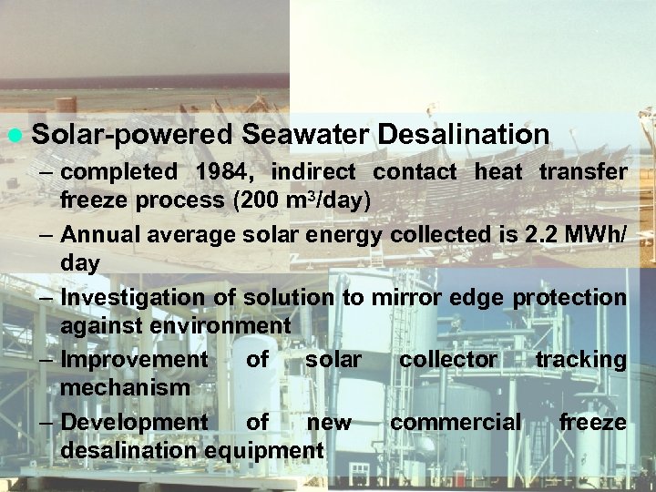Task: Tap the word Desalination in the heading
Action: tap(463, 135)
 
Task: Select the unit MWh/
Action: tap(597, 234)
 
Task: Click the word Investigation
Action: tap(133, 297)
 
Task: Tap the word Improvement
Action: tap(134, 360)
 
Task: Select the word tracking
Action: tap(580, 360)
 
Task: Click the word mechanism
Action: tap(125, 387)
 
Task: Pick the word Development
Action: tap(134, 423)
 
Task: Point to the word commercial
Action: tap(456, 423)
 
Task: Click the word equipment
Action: tap(264, 450)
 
